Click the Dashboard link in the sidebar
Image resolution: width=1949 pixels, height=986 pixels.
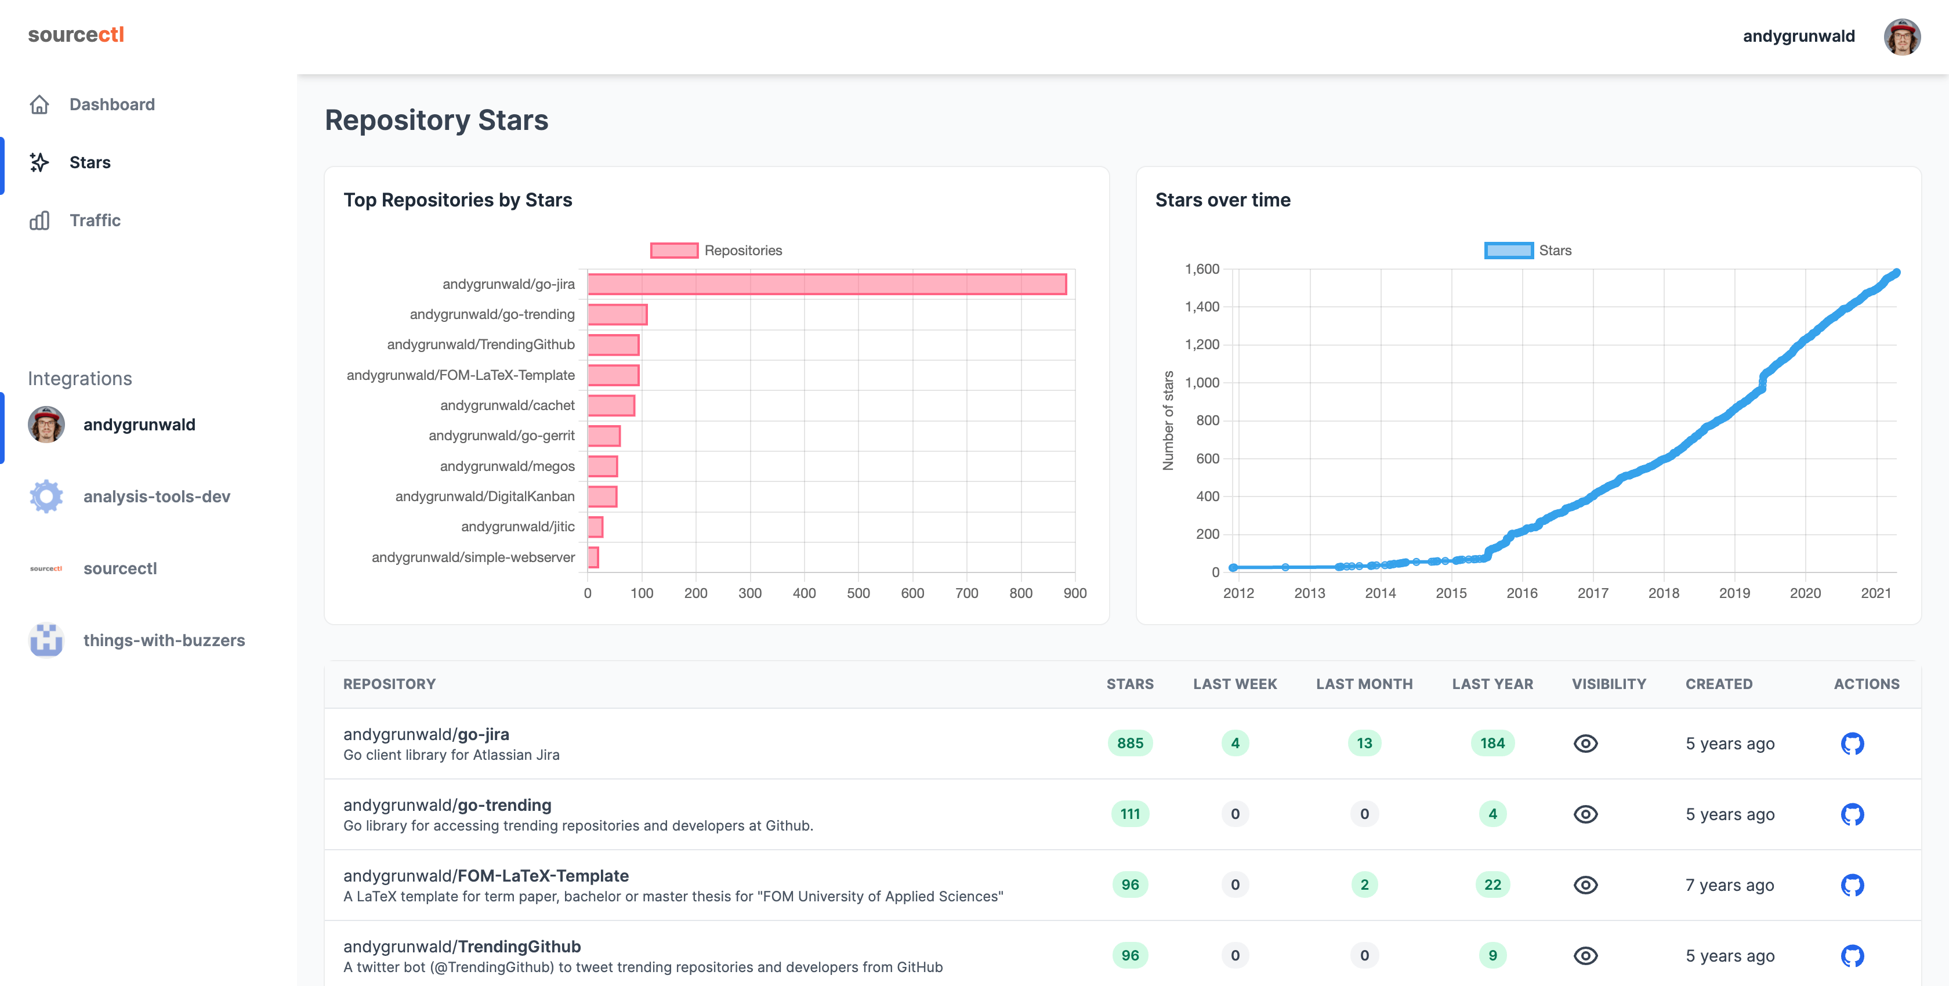click(x=111, y=104)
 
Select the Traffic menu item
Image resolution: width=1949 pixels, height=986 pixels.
click(x=95, y=220)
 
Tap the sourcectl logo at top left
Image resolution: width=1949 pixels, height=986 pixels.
click(x=75, y=35)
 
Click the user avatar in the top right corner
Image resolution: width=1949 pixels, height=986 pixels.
click(x=1901, y=37)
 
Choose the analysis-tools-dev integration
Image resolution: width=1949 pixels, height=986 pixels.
click(x=156, y=496)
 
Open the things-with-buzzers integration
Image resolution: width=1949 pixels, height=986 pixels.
click(x=164, y=640)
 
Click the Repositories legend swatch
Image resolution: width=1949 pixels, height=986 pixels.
click(x=673, y=251)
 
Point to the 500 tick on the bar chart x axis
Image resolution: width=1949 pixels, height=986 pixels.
click(x=858, y=593)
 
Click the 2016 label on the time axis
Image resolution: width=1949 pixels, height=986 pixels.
click(x=1521, y=593)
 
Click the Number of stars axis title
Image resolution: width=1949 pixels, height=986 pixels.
click(x=1168, y=420)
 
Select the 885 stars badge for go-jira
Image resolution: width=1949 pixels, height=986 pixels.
click(x=1129, y=743)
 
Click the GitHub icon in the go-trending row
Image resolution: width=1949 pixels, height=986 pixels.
click(x=1852, y=814)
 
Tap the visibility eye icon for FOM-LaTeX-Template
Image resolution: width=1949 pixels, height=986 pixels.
click(x=1585, y=884)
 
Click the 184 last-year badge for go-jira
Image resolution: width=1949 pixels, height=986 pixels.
click(x=1492, y=743)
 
